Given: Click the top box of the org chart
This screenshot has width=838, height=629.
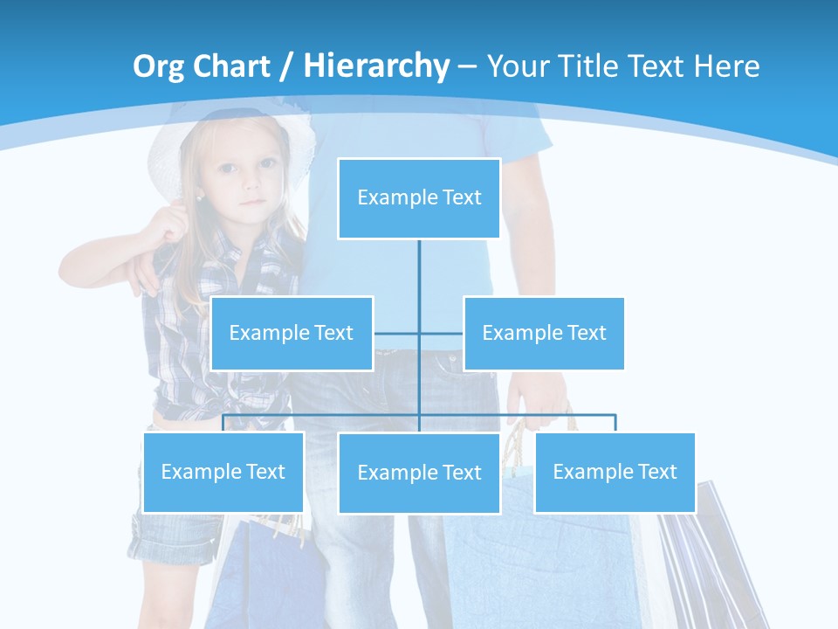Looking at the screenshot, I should [x=419, y=198].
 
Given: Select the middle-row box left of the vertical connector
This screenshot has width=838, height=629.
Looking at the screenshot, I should [x=292, y=333].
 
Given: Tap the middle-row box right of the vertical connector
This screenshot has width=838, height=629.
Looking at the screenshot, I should [x=544, y=333].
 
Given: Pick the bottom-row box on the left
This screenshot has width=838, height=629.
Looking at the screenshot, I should [x=223, y=472].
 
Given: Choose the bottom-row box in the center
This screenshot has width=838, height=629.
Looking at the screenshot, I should [x=419, y=473].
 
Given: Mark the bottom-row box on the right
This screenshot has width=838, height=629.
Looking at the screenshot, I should [x=615, y=472].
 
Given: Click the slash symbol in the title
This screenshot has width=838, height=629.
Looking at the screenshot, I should [x=287, y=67].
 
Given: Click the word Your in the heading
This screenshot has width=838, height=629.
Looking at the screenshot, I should [x=517, y=66].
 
